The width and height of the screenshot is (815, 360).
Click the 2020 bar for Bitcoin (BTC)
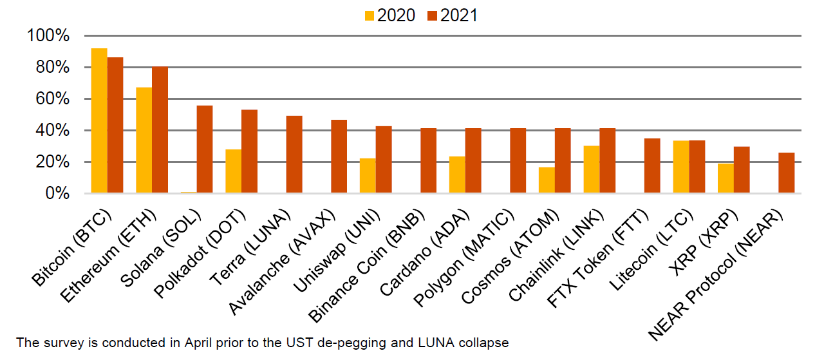pos(99,120)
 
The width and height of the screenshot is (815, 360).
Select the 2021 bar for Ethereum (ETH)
pos(160,129)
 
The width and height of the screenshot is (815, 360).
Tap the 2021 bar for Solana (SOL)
pos(205,149)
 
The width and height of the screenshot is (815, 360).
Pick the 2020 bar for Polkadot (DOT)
pos(233,171)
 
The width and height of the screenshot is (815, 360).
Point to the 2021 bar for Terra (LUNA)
pos(294,154)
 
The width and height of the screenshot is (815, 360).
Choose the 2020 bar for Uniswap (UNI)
pos(368,175)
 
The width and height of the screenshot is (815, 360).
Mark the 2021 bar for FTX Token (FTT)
pos(652,166)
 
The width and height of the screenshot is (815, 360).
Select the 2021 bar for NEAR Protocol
pos(786,173)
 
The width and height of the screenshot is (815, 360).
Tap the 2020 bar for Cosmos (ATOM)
pos(547,180)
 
